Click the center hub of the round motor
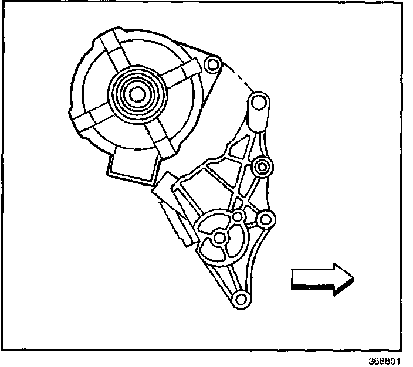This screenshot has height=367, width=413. click(x=136, y=92)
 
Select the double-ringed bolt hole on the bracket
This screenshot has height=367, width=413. click(x=261, y=168)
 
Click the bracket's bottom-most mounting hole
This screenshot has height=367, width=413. click(x=240, y=300)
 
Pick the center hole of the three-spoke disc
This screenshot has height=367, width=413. click(x=219, y=237)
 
